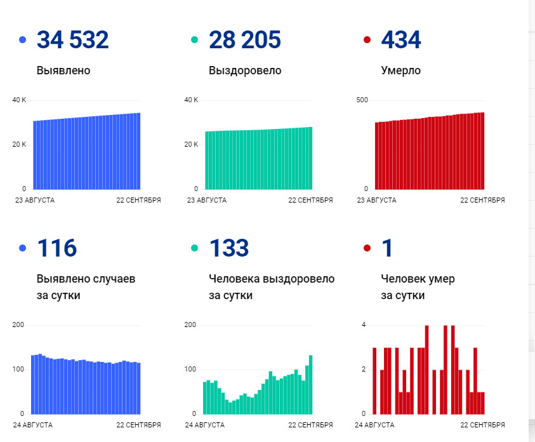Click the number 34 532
click(73, 40)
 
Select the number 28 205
click(245, 40)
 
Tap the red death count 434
click(400, 40)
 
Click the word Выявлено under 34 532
click(63, 70)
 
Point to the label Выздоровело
click(245, 70)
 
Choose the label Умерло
click(400, 70)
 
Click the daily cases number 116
click(57, 248)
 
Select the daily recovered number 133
click(229, 248)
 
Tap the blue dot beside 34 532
click(23, 40)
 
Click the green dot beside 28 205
click(195, 40)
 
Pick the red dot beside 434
click(367, 40)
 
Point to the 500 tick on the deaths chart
click(362, 100)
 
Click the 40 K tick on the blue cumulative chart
click(20, 100)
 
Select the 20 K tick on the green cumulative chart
click(192, 145)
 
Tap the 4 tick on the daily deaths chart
click(364, 325)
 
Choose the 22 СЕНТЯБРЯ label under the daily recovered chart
click(310, 425)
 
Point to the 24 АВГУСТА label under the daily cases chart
click(34, 425)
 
